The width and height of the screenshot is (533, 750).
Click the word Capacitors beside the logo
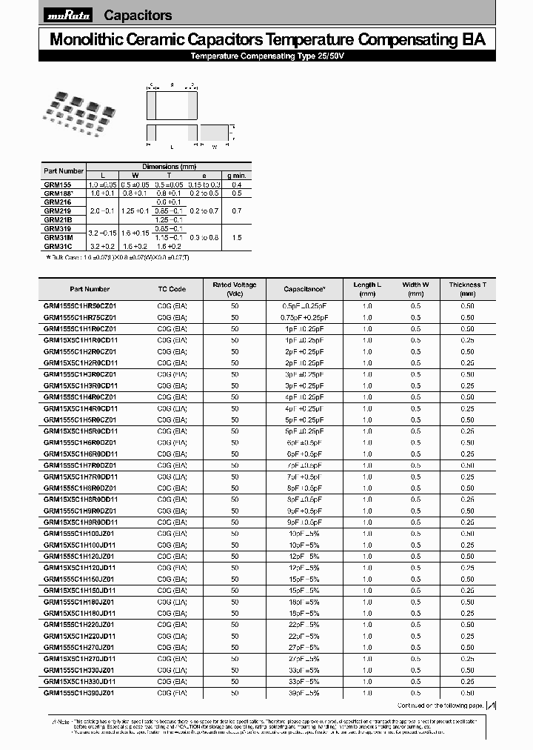[x=138, y=15]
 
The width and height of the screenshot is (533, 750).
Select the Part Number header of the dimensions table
[x=64, y=170]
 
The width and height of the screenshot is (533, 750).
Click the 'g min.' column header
[x=237, y=174]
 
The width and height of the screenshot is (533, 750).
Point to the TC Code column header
[x=172, y=289]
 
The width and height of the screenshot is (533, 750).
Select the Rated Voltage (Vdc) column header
[x=235, y=289]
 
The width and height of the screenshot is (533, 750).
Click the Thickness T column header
[x=467, y=289]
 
